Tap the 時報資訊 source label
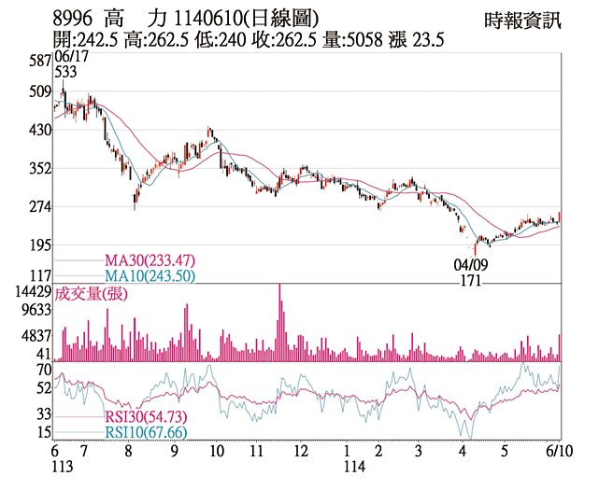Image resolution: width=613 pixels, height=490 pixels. pos(523,19)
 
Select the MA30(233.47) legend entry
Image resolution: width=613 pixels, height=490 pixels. pos(150,260)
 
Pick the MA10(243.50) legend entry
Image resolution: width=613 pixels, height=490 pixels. pos(150,275)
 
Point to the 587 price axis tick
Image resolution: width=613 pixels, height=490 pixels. pos(38,61)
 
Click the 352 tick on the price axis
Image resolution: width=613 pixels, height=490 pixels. pos(38,168)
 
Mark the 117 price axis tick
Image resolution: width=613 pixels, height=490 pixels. pos(38,276)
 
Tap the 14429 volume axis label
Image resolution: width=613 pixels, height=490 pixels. pos(30,292)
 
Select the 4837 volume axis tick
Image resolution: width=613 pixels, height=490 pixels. pos(34,335)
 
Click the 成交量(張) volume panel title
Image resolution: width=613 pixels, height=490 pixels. pos(92,293)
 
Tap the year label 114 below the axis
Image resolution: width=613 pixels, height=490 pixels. pos(353,466)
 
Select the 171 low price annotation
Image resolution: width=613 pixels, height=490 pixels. pos(472,280)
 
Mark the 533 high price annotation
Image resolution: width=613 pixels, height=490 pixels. pos(65,73)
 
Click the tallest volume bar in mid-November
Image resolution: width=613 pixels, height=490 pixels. pos(279,322)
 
